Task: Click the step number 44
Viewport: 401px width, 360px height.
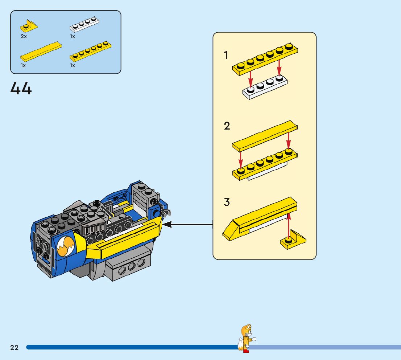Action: (x=21, y=88)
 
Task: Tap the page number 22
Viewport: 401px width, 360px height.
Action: (x=15, y=347)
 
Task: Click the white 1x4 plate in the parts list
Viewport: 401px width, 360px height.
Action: (x=84, y=24)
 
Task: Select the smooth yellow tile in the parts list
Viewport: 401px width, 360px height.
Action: (x=41, y=52)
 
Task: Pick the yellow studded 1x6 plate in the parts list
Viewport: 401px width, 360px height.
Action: (x=91, y=51)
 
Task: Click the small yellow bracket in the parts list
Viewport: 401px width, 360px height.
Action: (x=29, y=26)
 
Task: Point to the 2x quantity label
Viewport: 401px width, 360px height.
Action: (x=24, y=36)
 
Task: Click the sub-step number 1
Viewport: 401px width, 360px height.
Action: (x=226, y=55)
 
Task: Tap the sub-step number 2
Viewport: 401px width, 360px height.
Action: (x=227, y=126)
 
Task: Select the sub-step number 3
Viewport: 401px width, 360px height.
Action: (x=227, y=202)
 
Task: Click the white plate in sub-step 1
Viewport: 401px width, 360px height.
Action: (x=265, y=87)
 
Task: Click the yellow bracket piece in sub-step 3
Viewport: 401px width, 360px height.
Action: (x=293, y=240)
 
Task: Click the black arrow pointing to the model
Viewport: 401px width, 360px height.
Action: (x=188, y=225)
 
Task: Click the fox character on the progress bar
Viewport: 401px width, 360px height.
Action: (x=246, y=338)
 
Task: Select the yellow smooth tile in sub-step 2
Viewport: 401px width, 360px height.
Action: (x=265, y=136)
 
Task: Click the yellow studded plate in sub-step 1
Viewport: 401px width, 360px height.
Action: (x=265, y=60)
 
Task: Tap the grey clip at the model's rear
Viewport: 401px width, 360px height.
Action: (x=166, y=213)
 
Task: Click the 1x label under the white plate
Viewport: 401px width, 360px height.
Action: (x=73, y=36)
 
